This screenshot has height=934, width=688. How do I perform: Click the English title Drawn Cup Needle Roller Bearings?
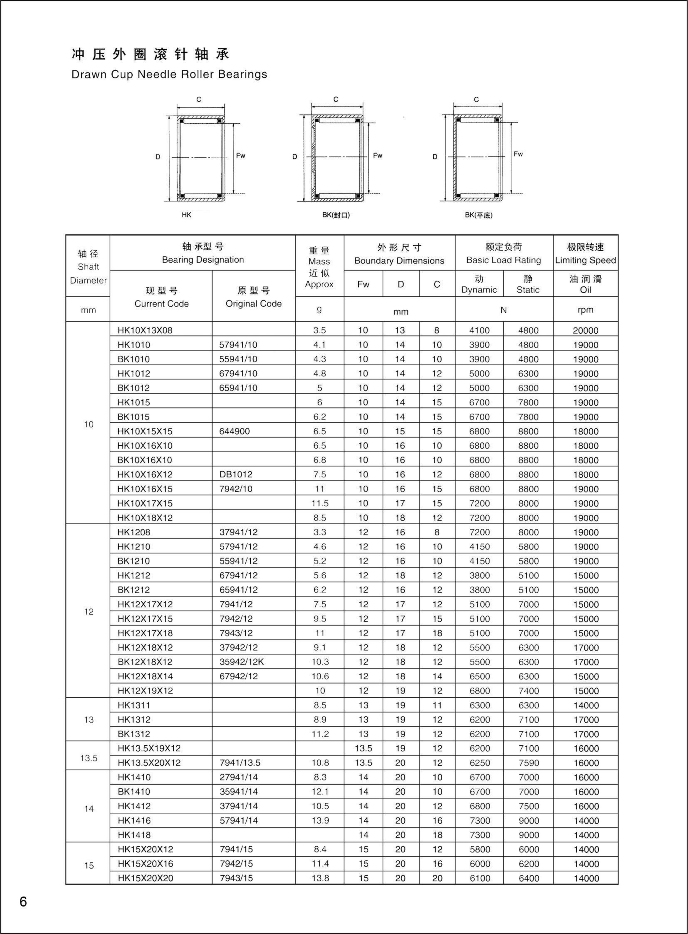pyautogui.click(x=169, y=75)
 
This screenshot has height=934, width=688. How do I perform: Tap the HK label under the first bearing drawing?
pyautogui.click(x=186, y=215)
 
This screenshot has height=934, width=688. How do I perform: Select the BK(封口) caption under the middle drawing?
pyautogui.click(x=336, y=215)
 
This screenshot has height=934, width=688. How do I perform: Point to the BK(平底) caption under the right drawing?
pyautogui.click(x=479, y=215)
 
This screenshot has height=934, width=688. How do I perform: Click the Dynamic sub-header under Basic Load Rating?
pyautogui.click(x=479, y=284)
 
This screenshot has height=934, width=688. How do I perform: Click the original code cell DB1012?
pyautogui.click(x=236, y=474)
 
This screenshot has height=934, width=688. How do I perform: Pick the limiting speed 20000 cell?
pyautogui.click(x=585, y=330)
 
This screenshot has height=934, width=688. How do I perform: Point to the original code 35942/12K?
pyautogui.click(x=241, y=662)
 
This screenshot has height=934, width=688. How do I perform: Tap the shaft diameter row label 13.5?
pyautogui.click(x=89, y=758)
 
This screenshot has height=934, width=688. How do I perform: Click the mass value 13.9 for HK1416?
pyautogui.click(x=320, y=820)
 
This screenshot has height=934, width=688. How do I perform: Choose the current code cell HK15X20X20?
pyautogui.click(x=145, y=878)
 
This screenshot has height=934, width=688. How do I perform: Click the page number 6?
pyautogui.click(x=23, y=902)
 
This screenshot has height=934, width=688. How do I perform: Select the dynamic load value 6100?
pyautogui.click(x=479, y=878)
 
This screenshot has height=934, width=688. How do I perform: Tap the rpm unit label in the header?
pyautogui.click(x=585, y=310)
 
